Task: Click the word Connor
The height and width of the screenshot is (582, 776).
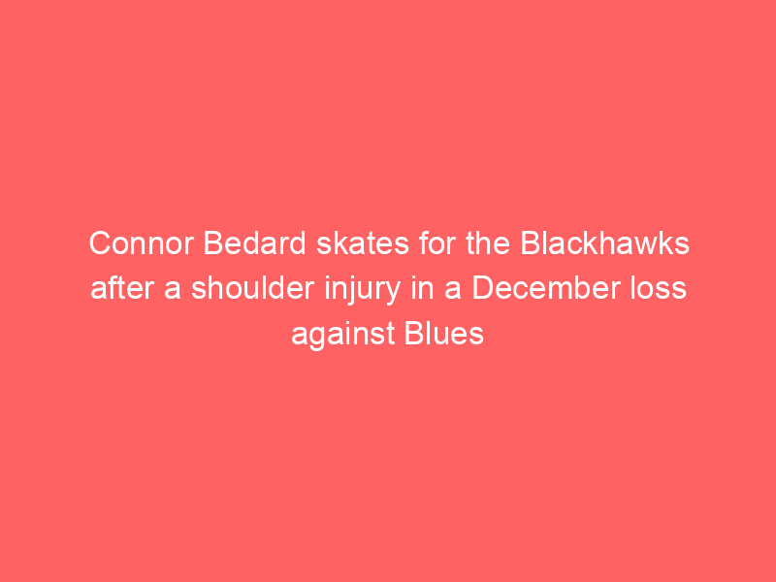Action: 141,243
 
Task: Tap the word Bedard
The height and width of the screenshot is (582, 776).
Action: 255,243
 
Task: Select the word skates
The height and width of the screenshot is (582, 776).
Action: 363,243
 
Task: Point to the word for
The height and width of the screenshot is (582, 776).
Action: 437,243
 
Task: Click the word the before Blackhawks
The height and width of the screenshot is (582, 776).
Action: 488,243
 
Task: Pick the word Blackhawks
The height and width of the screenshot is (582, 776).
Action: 604,243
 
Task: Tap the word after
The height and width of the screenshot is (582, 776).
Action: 122,288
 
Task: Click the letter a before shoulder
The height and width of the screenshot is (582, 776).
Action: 173,291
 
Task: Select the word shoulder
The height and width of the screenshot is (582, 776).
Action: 252,288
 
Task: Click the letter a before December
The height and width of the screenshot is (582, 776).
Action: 452,291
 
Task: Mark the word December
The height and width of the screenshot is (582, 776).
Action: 545,288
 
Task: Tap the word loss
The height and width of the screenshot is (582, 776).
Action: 658,288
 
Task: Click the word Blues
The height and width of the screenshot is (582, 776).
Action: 444,333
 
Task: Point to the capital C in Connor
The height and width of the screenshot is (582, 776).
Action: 101,243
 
